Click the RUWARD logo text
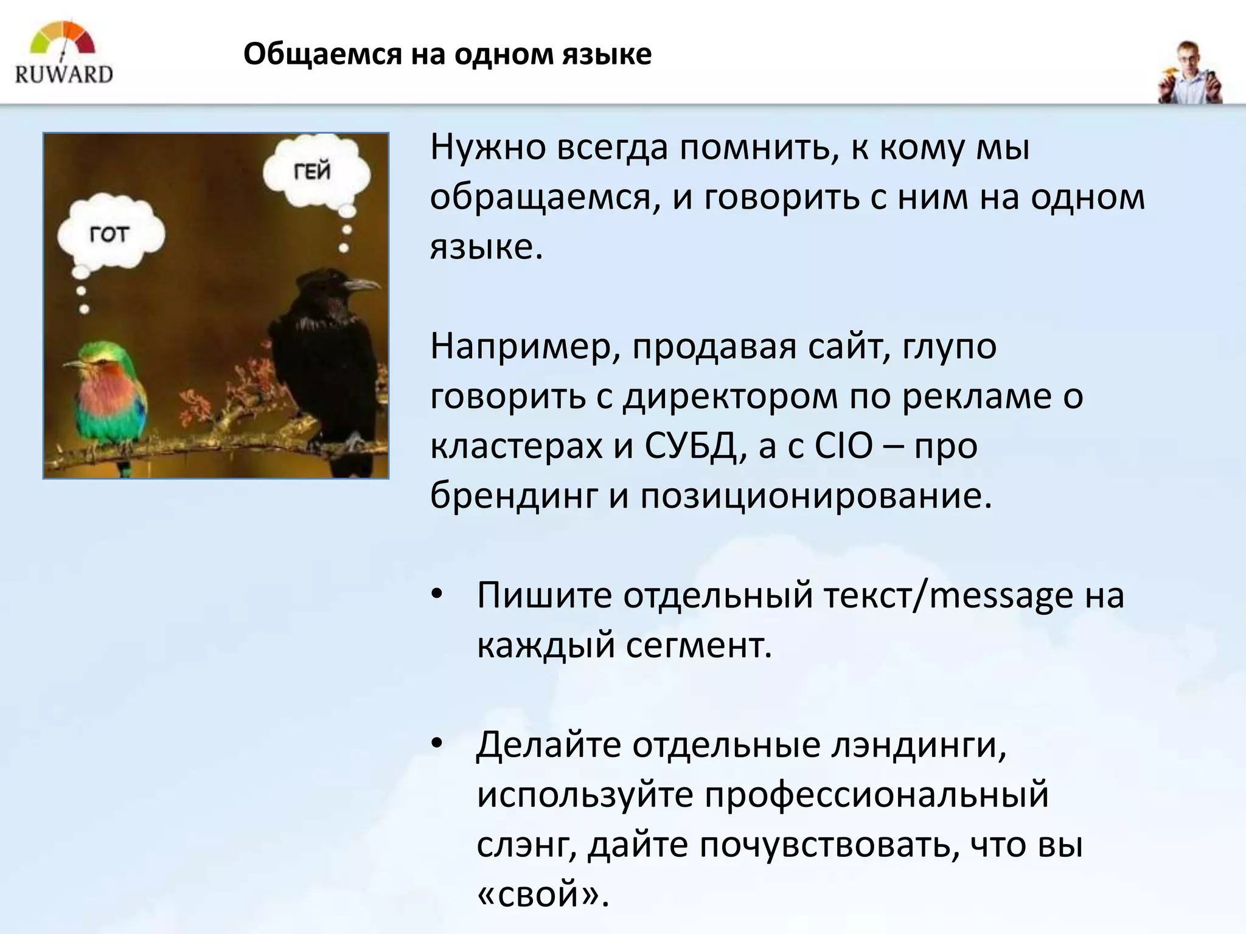(x=64, y=74)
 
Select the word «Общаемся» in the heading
(x=322, y=55)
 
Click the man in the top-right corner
(x=1189, y=73)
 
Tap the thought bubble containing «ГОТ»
(x=110, y=233)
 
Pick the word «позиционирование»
(x=815, y=496)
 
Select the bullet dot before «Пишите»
(x=436, y=595)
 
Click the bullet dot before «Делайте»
(x=436, y=745)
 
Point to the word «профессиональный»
(x=877, y=795)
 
